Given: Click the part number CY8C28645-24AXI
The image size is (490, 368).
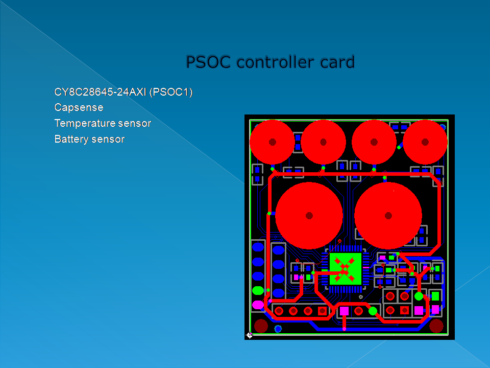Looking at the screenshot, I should click(100, 93).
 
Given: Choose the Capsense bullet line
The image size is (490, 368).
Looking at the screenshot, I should click(79, 108).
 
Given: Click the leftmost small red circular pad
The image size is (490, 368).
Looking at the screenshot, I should click(273, 142).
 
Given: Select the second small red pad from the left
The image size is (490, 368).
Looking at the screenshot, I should click(323, 142).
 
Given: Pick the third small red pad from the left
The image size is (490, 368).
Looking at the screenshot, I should click(374, 142).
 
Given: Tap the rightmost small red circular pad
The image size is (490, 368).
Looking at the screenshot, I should click(425, 142).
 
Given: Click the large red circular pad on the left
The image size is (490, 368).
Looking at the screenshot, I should click(309, 216).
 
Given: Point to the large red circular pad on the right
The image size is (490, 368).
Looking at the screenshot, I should click(388, 216).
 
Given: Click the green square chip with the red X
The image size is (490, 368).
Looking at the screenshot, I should click(346, 268).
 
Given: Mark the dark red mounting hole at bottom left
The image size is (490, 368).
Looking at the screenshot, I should click(261, 326).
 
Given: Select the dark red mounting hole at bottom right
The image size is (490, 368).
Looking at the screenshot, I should click(436, 326).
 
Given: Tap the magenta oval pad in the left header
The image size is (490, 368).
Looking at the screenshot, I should click(258, 305).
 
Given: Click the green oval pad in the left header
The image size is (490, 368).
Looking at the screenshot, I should click(258, 291).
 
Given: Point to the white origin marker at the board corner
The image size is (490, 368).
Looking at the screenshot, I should click(250, 335).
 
